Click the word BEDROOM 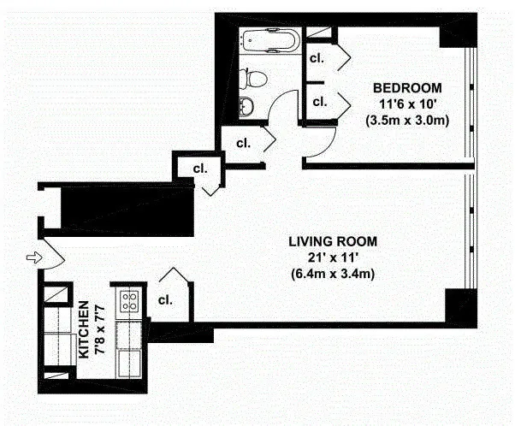point(407,88)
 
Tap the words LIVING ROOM point(333,241)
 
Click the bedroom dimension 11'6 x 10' point(407,104)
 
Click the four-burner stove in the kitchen point(130,300)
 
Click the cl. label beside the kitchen point(166,300)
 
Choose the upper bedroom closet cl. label point(317,59)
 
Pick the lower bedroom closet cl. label point(320,102)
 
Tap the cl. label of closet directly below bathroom point(243,143)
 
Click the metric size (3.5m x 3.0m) point(407,120)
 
